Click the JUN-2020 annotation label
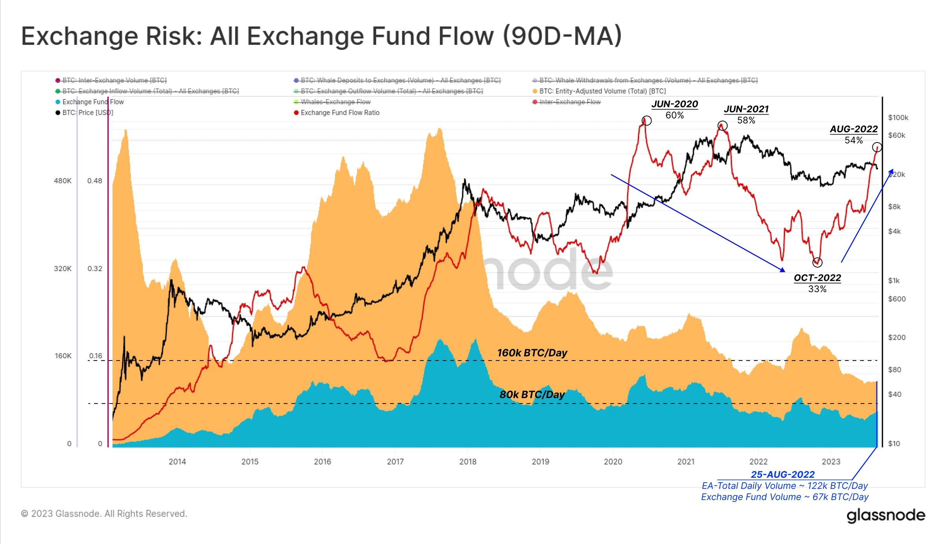[674, 104]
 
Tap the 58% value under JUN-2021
[746, 120]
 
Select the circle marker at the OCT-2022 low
[817, 262]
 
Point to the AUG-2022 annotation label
[854, 129]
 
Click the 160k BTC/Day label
[532, 353]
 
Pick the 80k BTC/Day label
[532, 394]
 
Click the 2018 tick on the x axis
[468, 461]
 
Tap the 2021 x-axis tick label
[686, 461]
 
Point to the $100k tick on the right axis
[898, 117]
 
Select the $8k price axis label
[894, 207]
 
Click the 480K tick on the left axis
[63, 181]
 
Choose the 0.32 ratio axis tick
[94, 268]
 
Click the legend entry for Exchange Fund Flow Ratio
[340, 113]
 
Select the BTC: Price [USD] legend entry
[87, 113]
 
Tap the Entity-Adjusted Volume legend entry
[602, 91]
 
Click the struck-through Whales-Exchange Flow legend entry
[335, 102]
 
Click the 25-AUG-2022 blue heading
[782, 474]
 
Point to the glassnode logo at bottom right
[886, 515]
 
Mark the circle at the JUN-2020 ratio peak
[647, 120]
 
